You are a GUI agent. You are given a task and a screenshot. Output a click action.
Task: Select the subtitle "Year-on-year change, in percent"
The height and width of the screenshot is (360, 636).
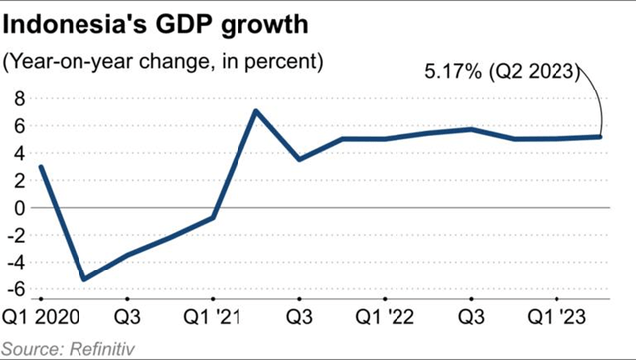click(165, 62)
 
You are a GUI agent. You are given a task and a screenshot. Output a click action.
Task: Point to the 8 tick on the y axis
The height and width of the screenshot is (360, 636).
click(18, 98)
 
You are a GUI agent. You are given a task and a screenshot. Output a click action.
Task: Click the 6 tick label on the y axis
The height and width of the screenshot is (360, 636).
click(18, 126)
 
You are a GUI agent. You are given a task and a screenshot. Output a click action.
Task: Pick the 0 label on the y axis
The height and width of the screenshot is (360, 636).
click(18, 208)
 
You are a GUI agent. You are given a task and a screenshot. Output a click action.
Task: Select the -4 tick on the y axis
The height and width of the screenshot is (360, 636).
click(15, 263)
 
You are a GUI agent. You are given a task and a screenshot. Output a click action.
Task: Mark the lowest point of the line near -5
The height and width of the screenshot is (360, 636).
click(83, 279)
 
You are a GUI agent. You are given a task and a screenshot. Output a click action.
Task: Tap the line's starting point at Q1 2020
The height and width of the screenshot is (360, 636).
click(41, 167)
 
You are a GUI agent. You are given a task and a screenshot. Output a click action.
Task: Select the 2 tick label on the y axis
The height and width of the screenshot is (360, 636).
click(18, 181)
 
